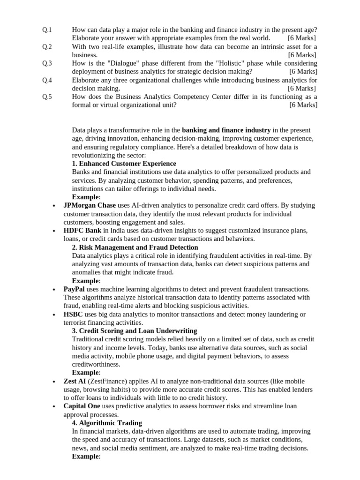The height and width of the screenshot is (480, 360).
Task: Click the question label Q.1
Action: pos(47,30)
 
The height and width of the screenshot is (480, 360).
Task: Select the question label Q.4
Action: pos(47,80)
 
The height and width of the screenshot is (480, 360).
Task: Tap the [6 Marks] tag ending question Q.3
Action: pos(303,71)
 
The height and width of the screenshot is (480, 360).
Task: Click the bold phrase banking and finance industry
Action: pos(226,130)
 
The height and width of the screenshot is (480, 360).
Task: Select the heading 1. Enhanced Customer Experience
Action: pos(124,164)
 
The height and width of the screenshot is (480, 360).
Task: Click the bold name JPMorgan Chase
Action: pos(90,205)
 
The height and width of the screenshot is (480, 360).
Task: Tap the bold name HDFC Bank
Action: pos(82,231)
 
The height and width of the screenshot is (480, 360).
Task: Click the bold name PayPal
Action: pos(74,289)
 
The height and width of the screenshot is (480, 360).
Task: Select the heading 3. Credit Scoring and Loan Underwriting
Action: pos(135,331)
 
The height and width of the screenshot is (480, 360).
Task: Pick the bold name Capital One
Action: pos(82,406)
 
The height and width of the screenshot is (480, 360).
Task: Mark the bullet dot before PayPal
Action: pos(54,290)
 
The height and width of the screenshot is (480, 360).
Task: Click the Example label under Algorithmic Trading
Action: pos(85,457)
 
